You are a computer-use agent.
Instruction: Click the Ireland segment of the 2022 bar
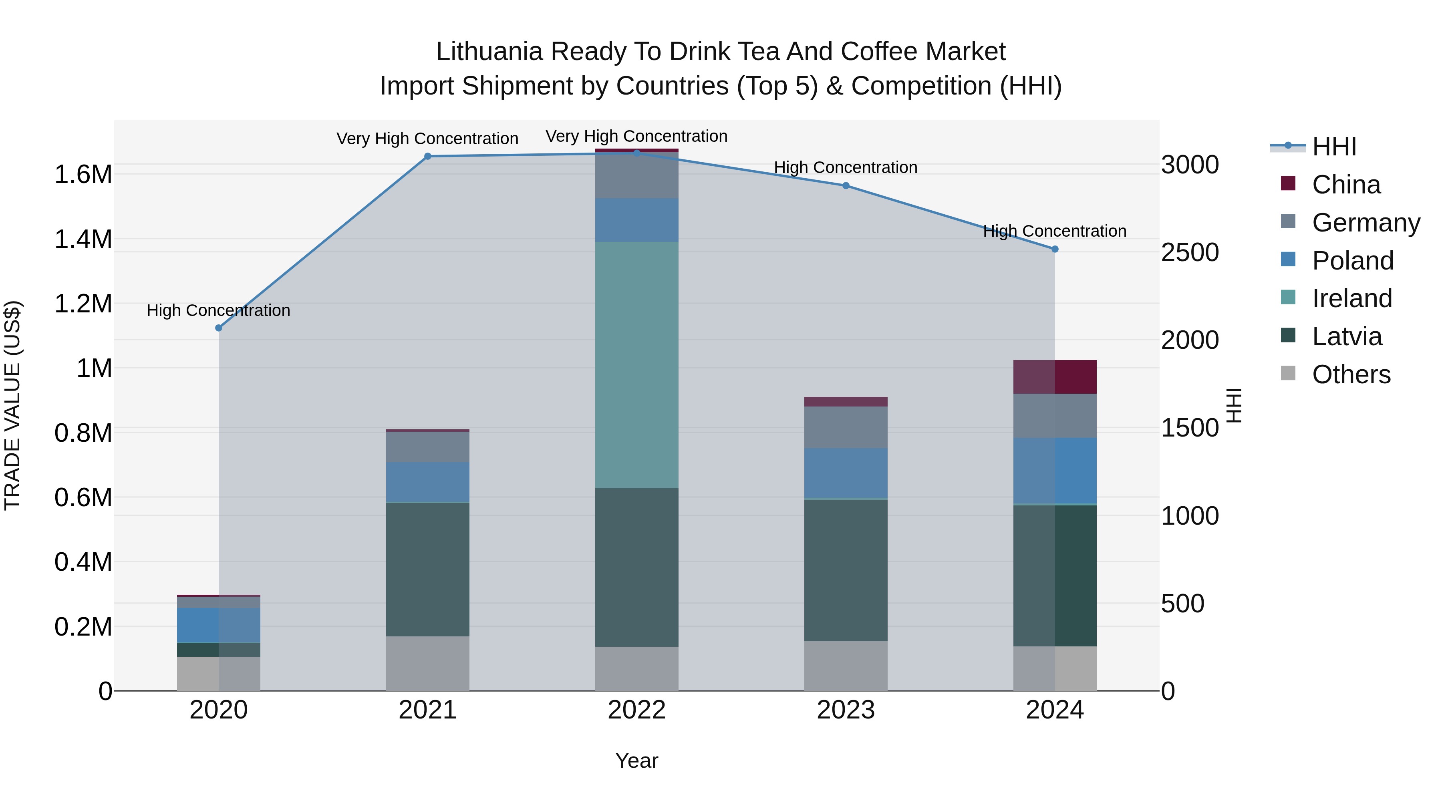[x=636, y=364]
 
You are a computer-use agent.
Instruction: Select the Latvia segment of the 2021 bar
[x=428, y=569]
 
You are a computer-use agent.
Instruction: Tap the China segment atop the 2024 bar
[x=1055, y=377]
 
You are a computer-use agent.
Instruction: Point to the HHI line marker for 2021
[x=428, y=156]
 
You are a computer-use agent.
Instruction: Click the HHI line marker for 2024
[x=1055, y=249]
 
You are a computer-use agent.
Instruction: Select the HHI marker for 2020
[x=219, y=328]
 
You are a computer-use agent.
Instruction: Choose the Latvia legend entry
[x=1346, y=336]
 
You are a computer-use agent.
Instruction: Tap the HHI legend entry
[x=1333, y=147]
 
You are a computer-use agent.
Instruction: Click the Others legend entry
[x=1350, y=374]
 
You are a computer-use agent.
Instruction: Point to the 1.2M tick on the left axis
[x=83, y=304]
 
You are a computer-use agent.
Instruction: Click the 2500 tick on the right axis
[x=1190, y=252]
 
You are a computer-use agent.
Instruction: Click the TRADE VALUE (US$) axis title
[x=12, y=405]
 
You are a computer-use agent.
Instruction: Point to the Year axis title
[x=636, y=761]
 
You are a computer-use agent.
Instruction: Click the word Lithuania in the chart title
[x=489, y=52]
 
